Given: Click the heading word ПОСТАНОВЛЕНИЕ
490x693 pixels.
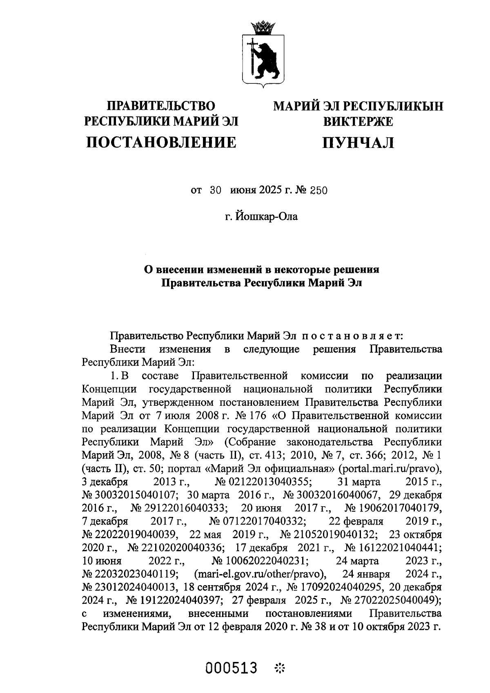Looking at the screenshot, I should [161, 142].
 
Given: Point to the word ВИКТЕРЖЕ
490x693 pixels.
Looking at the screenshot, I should [358, 121].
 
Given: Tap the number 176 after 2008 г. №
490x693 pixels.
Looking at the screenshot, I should [253, 415].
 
